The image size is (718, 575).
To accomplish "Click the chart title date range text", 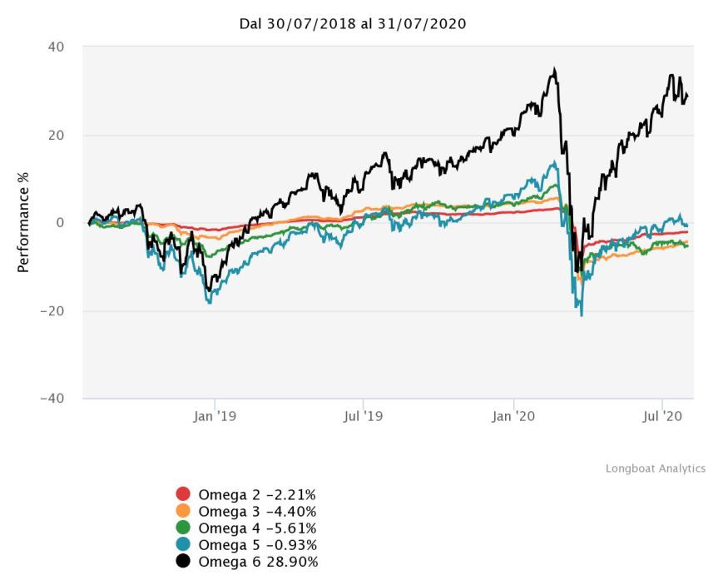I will tap(352, 24).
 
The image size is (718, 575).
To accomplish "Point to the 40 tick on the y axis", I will tap(57, 47).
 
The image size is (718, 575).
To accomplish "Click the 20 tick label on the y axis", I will tap(57, 135).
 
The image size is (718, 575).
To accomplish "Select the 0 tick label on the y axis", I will tap(61, 223).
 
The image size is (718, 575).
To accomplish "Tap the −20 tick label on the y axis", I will tap(52, 311).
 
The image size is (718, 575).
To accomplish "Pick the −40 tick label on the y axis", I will tap(52, 399).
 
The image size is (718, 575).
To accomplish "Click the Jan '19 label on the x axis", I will tap(215, 416).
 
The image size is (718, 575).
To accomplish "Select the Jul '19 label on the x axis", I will tap(364, 416).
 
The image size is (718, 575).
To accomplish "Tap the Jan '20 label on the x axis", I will tap(513, 416).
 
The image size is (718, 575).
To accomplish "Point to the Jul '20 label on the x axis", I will tap(661, 416).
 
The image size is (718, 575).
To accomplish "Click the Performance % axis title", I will tap(23, 223).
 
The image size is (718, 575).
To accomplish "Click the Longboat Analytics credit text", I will tap(655, 469).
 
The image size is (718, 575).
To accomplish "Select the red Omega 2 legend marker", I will tap(184, 495).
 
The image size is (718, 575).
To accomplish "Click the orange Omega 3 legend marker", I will tap(184, 512).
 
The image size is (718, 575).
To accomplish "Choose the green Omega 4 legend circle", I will tap(184, 528).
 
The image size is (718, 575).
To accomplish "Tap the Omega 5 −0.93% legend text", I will tap(256, 545).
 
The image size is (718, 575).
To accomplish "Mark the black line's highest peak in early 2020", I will tap(554, 70).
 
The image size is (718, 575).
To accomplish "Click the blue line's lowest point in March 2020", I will tap(582, 315).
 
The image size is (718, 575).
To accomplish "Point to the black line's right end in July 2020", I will tap(687, 96).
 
